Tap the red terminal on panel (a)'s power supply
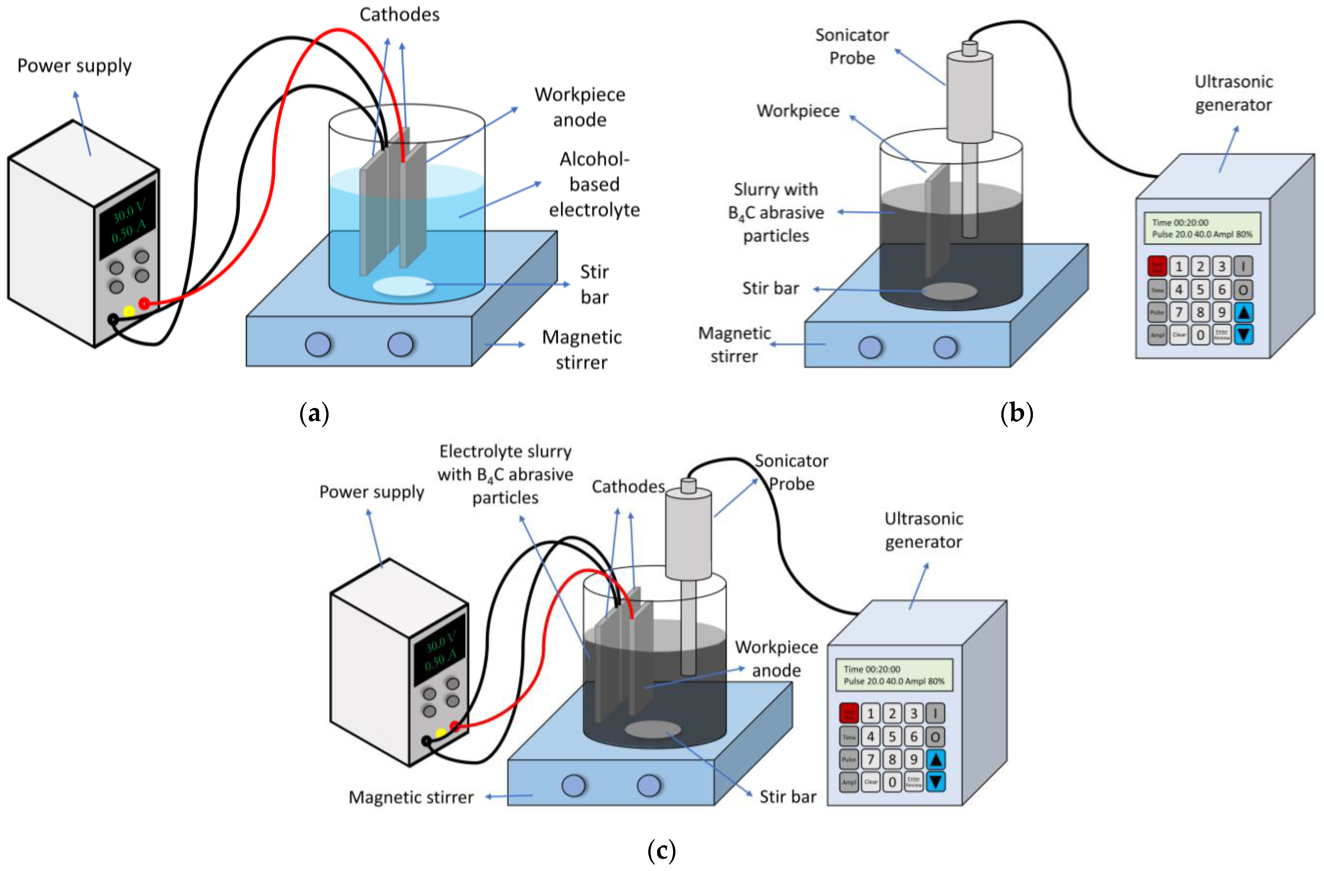(x=144, y=303)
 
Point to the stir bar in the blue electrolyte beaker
(x=403, y=286)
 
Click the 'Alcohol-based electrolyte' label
(x=594, y=184)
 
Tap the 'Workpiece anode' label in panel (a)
(x=580, y=107)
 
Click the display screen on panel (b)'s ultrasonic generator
(x=1202, y=228)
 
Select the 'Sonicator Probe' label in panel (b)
(x=852, y=46)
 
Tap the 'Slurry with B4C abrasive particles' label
(x=776, y=212)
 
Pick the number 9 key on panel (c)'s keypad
(x=913, y=759)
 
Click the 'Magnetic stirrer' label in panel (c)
(x=411, y=797)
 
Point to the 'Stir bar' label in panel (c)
(x=788, y=796)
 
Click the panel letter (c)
(x=661, y=850)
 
